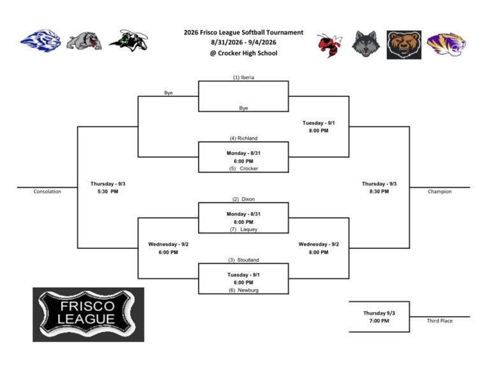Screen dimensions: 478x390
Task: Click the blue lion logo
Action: pyautogui.click(x=41, y=41)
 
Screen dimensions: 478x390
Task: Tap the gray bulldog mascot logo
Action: pyautogui.click(x=84, y=40)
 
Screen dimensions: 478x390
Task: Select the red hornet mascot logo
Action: pyautogui.click(x=330, y=45)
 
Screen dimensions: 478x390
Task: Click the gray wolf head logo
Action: pyautogui.click(x=366, y=44)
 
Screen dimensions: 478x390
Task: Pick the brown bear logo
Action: pyautogui.click(x=404, y=45)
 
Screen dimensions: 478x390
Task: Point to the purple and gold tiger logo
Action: pyautogui.click(x=447, y=44)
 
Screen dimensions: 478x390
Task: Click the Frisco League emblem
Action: pyautogui.click(x=89, y=315)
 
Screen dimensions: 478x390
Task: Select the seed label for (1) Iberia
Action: pyautogui.click(x=243, y=77)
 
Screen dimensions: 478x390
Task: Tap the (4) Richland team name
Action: pyautogui.click(x=243, y=138)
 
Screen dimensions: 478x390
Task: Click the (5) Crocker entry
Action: pyautogui.click(x=243, y=169)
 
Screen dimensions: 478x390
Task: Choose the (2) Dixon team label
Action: pyautogui.click(x=243, y=199)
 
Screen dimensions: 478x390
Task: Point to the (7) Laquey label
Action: pyautogui.click(x=243, y=229)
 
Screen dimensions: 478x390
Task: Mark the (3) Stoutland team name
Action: pyautogui.click(x=243, y=260)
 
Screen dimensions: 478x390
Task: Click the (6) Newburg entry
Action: pyautogui.click(x=243, y=290)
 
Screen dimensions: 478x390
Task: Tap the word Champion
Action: pyautogui.click(x=440, y=191)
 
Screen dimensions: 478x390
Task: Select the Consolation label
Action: pyautogui.click(x=47, y=191)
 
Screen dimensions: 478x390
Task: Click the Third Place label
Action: pyautogui.click(x=440, y=320)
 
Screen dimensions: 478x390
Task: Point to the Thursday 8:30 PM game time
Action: pyautogui.click(x=379, y=188)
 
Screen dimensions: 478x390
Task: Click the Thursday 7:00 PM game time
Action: pyautogui.click(x=379, y=317)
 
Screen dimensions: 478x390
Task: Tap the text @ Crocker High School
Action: pyautogui.click(x=243, y=53)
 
